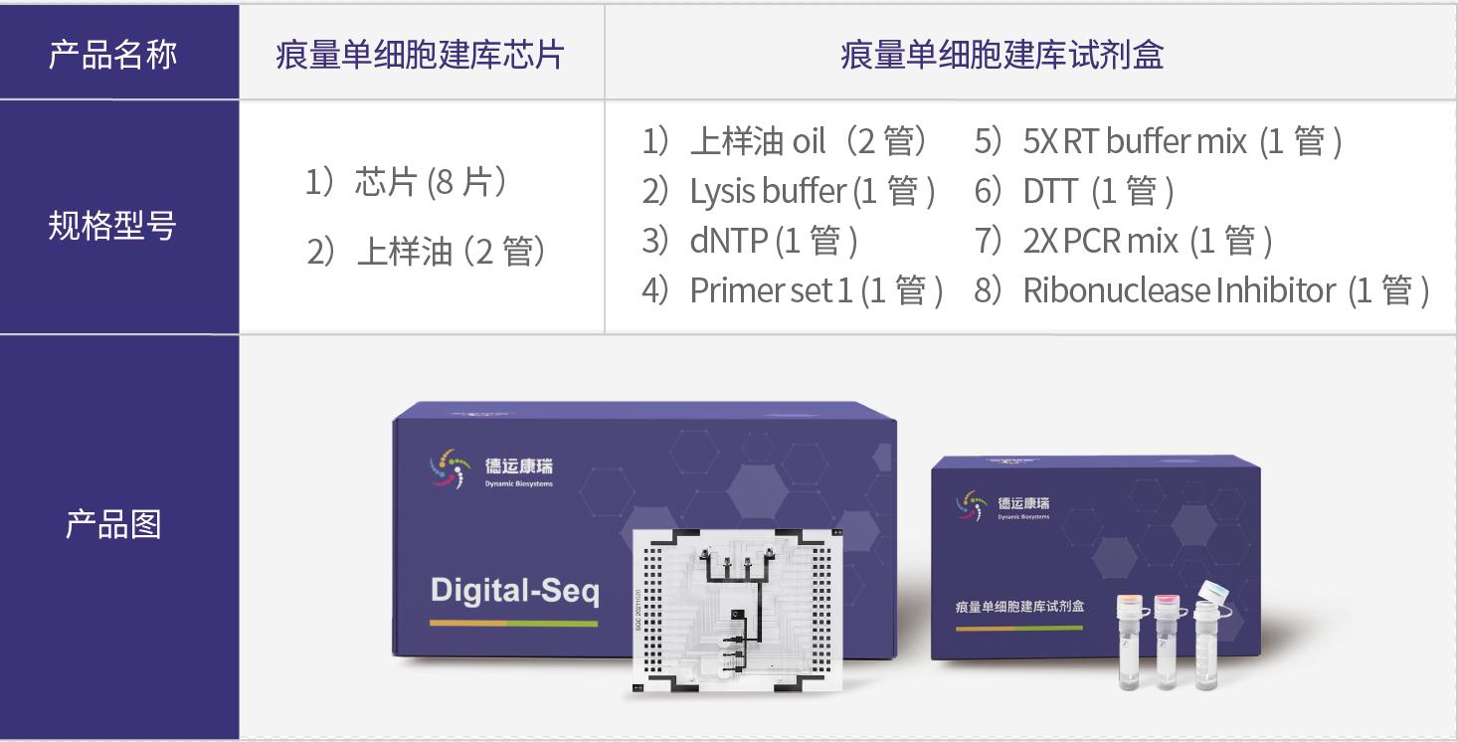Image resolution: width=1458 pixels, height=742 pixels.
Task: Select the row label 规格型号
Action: [x=112, y=226]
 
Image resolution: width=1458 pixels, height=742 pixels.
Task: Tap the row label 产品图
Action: [x=112, y=524]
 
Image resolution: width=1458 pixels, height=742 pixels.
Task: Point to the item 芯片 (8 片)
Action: [x=408, y=184]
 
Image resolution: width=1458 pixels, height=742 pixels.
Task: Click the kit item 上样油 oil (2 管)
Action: [x=786, y=142]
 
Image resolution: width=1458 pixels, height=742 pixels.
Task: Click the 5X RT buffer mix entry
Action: [x=1159, y=142]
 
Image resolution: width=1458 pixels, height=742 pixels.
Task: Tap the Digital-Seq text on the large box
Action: [x=514, y=591]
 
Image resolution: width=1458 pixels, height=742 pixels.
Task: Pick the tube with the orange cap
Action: [x=1130, y=642]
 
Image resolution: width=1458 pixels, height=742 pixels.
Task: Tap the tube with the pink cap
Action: [x=1167, y=642]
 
